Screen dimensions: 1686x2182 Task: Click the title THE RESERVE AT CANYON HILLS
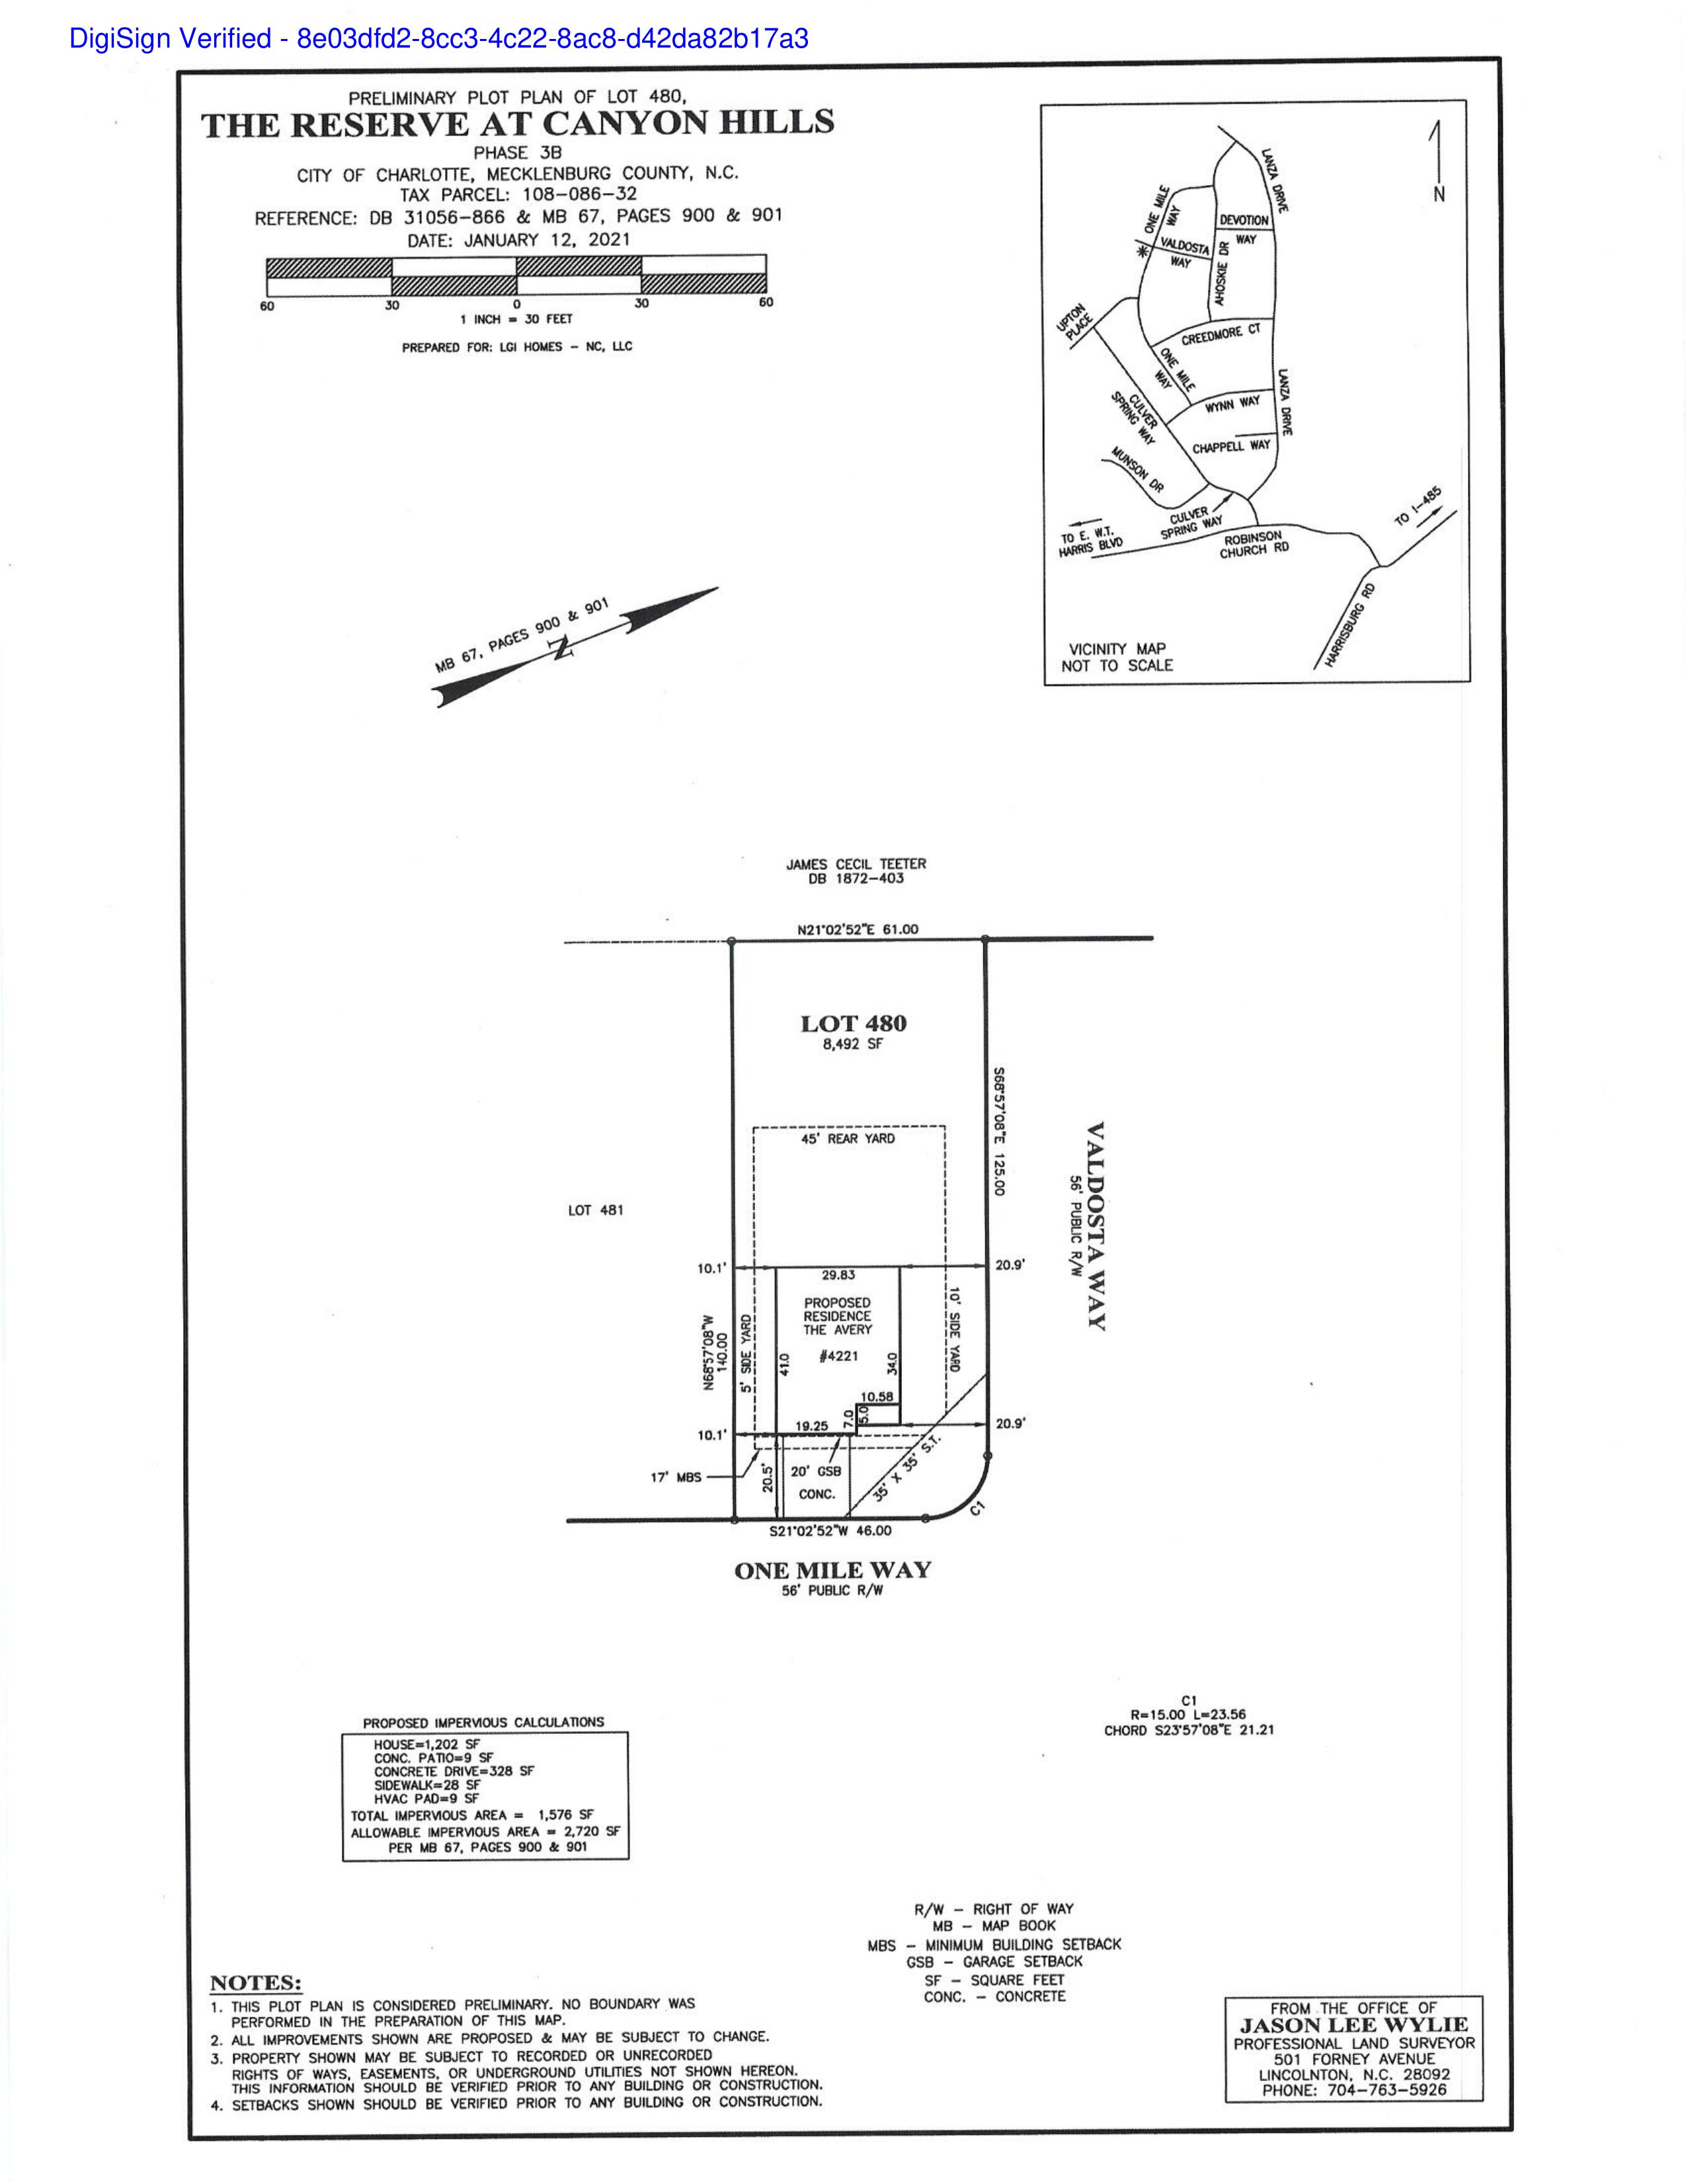pyautogui.click(x=518, y=124)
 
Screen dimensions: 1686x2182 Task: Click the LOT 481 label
pyautogui.click(x=596, y=1210)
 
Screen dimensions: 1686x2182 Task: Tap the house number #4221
pyautogui.click(x=838, y=1356)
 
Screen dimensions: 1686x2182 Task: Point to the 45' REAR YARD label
pyautogui.click(x=848, y=1138)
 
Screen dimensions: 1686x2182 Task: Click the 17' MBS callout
pyautogui.click(x=676, y=1477)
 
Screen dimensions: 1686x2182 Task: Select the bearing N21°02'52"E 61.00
pyautogui.click(x=858, y=929)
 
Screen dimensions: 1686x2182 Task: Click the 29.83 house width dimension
pyautogui.click(x=838, y=1275)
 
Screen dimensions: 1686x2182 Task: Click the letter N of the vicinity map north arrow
pyautogui.click(x=1439, y=194)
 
